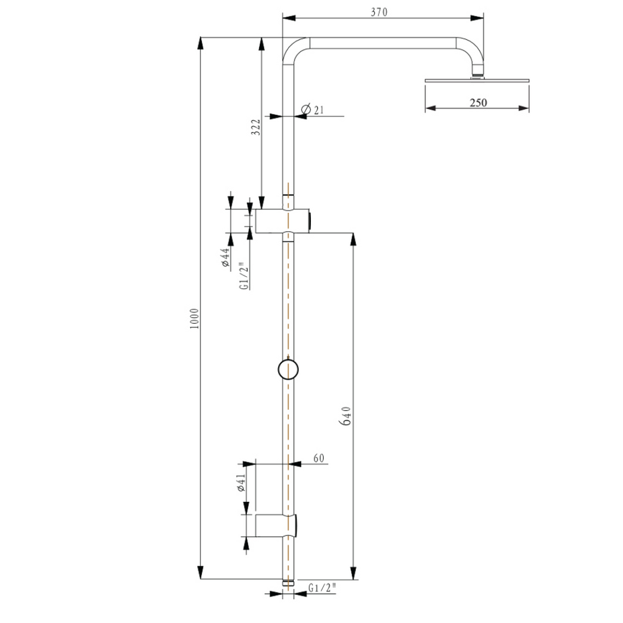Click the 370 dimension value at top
pyautogui.click(x=378, y=11)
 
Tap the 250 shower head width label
pyautogui.click(x=478, y=103)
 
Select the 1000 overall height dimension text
pyautogui.click(x=194, y=318)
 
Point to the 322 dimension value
pyautogui.click(x=256, y=127)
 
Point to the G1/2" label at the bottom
pyautogui.click(x=322, y=588)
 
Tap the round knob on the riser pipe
pyautogui.click(x=287, y=369)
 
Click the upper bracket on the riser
pyautogui.click(x=283, y=221)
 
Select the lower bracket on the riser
pyautogui.click(x=277, y=525)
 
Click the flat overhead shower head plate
pyautogui.click(x=476, y=80)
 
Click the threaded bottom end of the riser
pyautogui.click(x=288, y=584)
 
